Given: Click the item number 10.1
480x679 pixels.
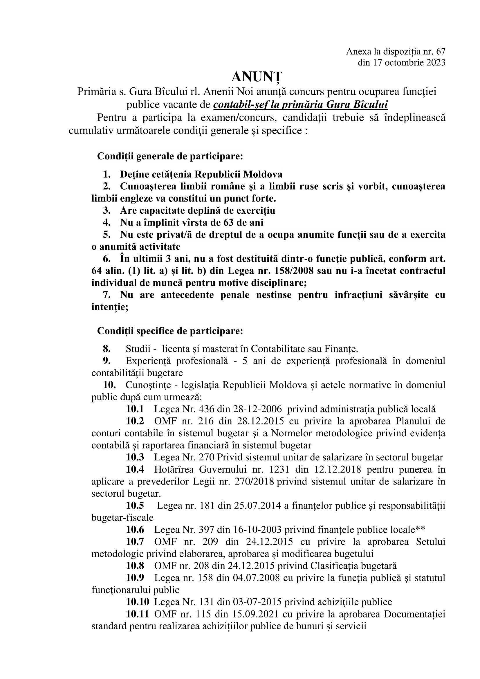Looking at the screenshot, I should point(135,410).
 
